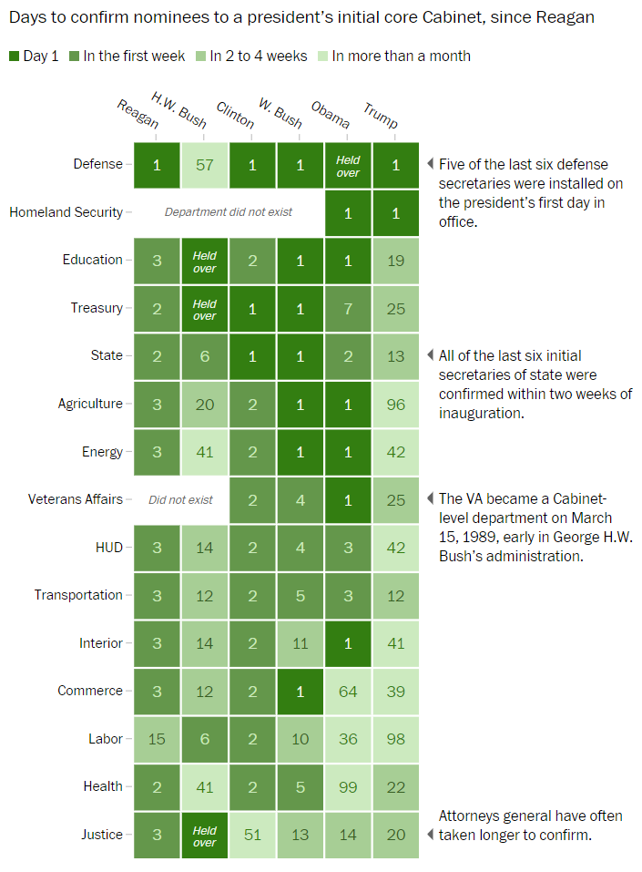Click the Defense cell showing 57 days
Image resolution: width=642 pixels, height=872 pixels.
tap(205, 165)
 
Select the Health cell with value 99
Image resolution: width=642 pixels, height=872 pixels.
tap(348, 787)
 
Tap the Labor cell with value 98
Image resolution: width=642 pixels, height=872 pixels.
tap(395, 739)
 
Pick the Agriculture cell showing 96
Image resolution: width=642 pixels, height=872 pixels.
tap(395, 404)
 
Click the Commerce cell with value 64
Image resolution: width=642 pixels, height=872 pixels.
tap(348, 692)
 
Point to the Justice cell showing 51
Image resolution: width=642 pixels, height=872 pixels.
tap(252, 835)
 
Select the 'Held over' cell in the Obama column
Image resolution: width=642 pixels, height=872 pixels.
tap(348, 166)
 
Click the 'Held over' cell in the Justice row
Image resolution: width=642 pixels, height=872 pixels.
tap(205, 836)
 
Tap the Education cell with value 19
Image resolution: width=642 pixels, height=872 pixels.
tap(395, 261)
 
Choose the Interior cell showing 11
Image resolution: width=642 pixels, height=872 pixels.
tap(300, 643)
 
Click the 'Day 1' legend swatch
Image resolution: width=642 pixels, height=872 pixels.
tap(15, 56)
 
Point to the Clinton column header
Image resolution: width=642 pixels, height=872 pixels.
tap(236, 115)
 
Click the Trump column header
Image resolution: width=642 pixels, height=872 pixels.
tap(381, 115)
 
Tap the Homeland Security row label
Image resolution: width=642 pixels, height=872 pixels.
tap(66, 212)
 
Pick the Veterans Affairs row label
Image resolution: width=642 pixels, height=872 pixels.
tap(76, 499)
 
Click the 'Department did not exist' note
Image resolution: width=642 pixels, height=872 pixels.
tap(229, 212)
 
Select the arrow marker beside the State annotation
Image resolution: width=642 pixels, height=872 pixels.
tap(430, 355)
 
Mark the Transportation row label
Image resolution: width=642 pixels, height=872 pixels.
tap(78, 595)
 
